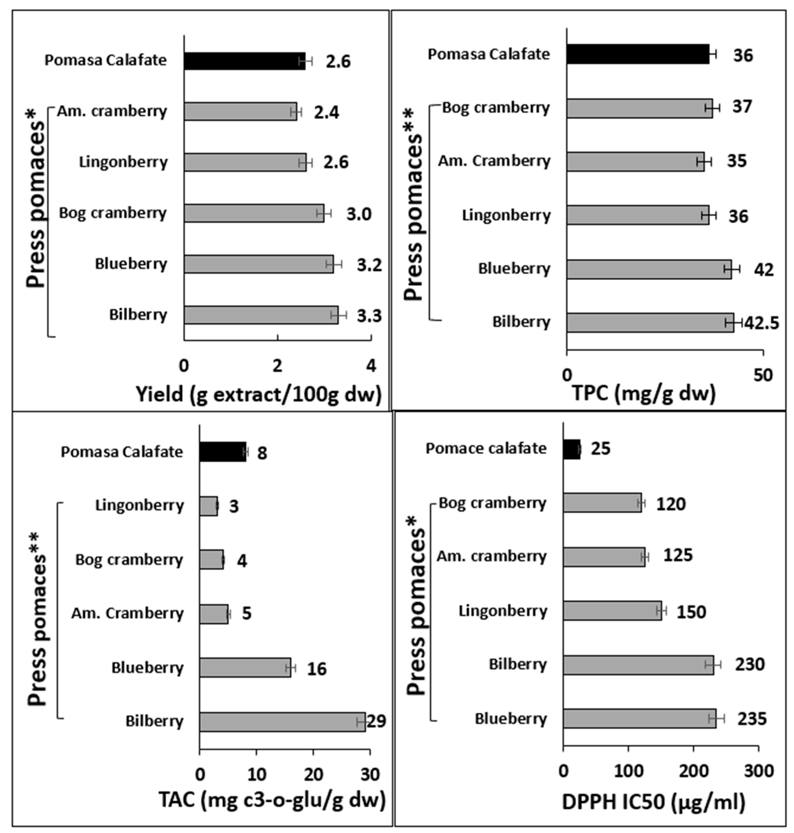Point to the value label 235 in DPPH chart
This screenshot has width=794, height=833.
pos(752,719)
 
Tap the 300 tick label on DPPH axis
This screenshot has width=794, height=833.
pos(759,771)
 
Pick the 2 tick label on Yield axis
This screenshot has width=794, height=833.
pos(277,366)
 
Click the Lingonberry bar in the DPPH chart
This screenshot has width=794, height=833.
pos(612,611)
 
